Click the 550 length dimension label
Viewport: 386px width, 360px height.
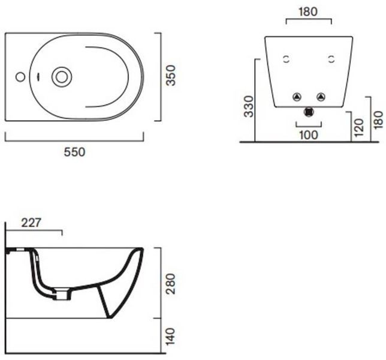(x=74, y=152)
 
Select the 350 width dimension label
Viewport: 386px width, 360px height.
(x=171, y=76)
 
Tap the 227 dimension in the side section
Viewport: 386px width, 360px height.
(x=31, y=223)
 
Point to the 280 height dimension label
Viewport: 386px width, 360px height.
(x=171, y=284)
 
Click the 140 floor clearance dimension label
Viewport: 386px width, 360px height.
(x=171, y=337)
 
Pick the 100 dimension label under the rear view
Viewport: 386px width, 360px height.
(x=309, y=135)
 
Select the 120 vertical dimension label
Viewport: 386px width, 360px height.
(x=359, y=128)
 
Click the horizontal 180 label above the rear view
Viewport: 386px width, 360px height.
(x=308, y=11)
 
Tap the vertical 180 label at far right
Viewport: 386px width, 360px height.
(x=379, y=120)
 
